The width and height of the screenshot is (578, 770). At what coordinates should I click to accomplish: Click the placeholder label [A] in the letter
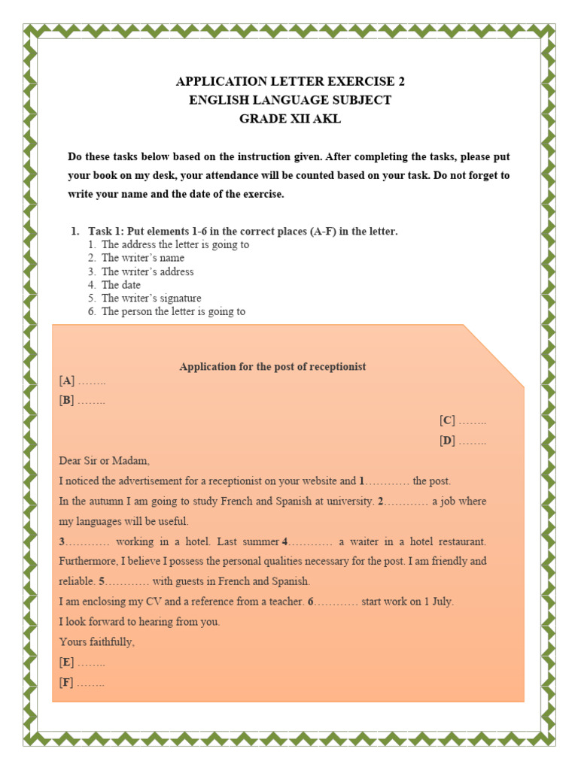click(67, 381)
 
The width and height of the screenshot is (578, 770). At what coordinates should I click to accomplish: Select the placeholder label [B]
click(67, 401)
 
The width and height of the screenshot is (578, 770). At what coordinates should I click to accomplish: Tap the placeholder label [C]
click(448, 421)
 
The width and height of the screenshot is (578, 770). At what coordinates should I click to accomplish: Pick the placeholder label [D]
click(448, 441)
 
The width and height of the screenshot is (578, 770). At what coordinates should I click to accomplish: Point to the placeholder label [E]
click(67, 662)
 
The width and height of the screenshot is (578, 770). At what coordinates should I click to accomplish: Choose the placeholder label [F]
click(66, 683)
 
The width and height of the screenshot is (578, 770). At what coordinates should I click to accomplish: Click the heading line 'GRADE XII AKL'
click(290, 119)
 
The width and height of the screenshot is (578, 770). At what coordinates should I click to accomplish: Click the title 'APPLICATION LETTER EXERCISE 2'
click(290, 81)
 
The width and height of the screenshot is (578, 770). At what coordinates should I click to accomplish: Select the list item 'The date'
click(121, 285)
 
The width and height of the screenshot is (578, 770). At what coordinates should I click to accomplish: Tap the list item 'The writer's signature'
click(151, 299)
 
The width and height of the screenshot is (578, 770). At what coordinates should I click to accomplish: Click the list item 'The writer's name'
click(143, 258)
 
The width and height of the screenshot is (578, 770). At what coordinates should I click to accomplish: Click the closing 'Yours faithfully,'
click(97, 642)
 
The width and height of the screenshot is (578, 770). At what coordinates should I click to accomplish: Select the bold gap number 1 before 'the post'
click(362, 481)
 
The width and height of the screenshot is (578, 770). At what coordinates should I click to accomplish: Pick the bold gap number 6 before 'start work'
click(310, 602)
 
